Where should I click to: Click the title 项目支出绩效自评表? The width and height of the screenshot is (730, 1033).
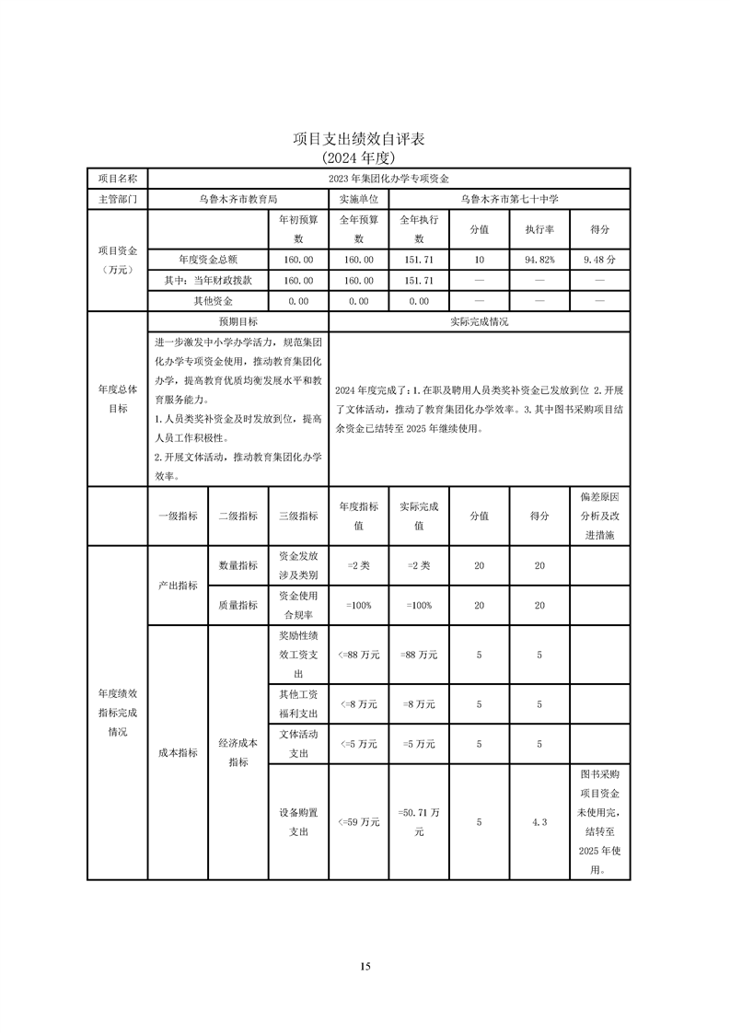click(365, 139)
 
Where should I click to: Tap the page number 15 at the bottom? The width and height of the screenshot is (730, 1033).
click(365, 966)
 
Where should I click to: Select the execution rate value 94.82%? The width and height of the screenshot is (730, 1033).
click(539, 261)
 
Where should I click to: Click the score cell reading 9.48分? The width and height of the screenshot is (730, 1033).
click(599, 261)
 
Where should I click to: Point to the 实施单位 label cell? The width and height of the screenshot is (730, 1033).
click(358, 198)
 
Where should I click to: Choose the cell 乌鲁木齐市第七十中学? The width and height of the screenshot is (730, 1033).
click(509, 198)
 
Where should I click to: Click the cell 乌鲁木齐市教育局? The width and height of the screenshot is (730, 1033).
click(238, 198)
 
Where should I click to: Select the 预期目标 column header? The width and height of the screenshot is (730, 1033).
click(238, 322)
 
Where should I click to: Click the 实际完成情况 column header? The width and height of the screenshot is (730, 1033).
click(479, 322)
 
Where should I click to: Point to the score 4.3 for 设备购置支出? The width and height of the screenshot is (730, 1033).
click(539, 822)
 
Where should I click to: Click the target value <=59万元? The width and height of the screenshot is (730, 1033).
click(358, 822)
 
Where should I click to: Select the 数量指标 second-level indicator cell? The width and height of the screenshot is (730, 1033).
click(238, 565)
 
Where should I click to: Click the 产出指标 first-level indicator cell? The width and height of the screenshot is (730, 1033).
click(178, 586)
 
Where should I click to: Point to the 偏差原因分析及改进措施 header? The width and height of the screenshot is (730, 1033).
click(599, 516)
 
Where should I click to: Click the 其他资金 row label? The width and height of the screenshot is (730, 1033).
click(207, 301)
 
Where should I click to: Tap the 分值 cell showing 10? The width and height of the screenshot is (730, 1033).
click(479, 261)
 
